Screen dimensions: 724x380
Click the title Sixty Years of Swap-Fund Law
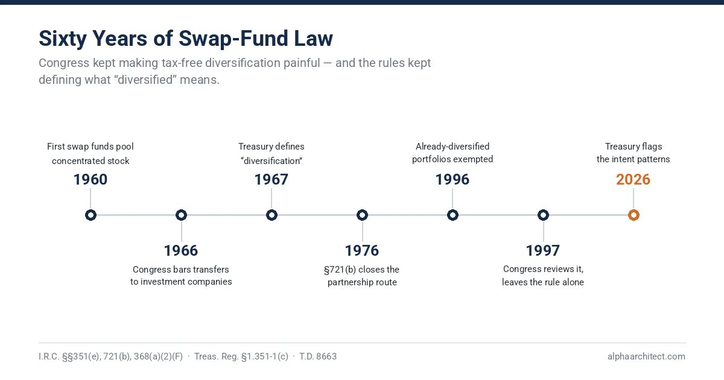(x=186, y=39)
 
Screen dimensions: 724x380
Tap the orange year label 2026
(x=633, y=180)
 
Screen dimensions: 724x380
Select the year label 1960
(x=91, y=180)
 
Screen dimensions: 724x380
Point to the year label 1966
(x=181, y=251)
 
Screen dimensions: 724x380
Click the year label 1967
(x=271, y=180)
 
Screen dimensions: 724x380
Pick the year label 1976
(x=362, y=251)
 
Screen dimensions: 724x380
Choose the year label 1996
(x=453, y=180)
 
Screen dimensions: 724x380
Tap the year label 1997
(x=543, y=251)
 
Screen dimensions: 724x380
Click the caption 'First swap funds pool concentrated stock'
(x=91, y=153)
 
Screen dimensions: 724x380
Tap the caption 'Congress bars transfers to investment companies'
(x=181, y=276)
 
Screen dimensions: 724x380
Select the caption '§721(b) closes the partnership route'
(x=362, y=276)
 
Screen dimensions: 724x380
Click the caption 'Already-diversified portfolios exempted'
(x=453, y=153)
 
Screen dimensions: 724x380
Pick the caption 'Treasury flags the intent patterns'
(x=633, y=153)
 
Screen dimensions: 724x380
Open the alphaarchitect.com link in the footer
(x=646, y=356)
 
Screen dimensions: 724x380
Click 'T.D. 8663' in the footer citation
(x=318, y=356)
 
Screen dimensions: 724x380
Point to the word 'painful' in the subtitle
(x=301, y=63)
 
